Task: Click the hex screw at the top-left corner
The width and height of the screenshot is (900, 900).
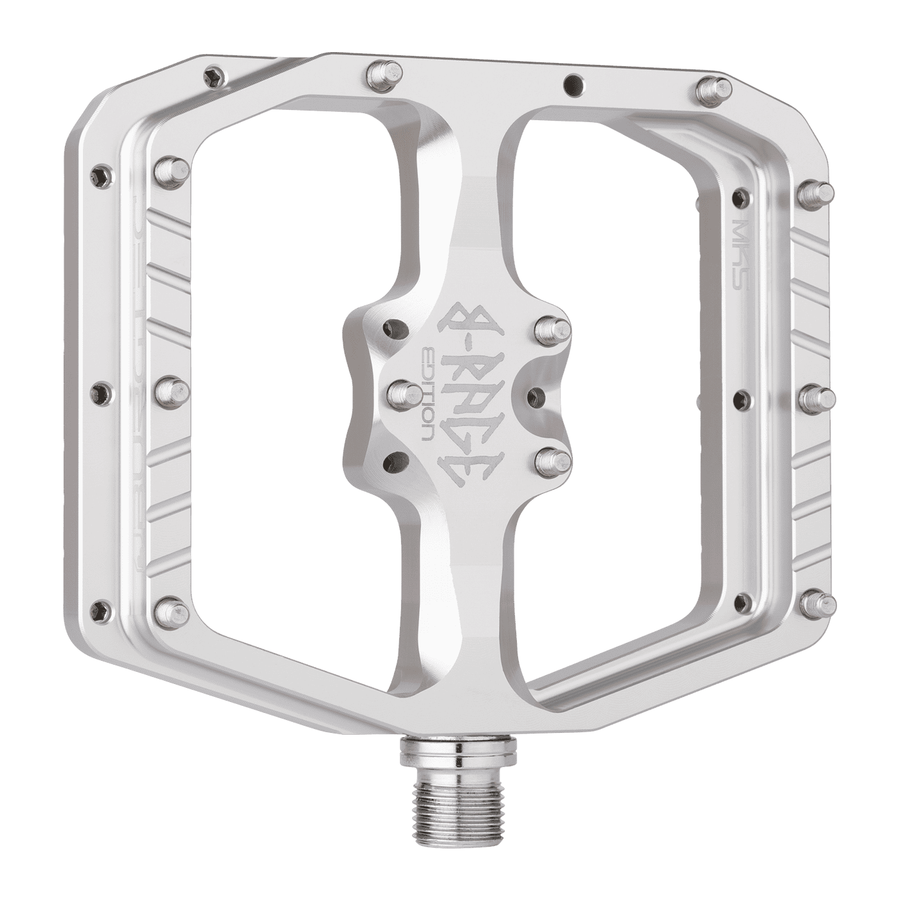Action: click(212, 77)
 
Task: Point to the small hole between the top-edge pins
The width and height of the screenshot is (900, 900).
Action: click(569, 83)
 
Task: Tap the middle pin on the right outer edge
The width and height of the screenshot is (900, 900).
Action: click(817, 395)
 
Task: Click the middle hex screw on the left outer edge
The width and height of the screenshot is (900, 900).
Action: click(101, 390)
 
